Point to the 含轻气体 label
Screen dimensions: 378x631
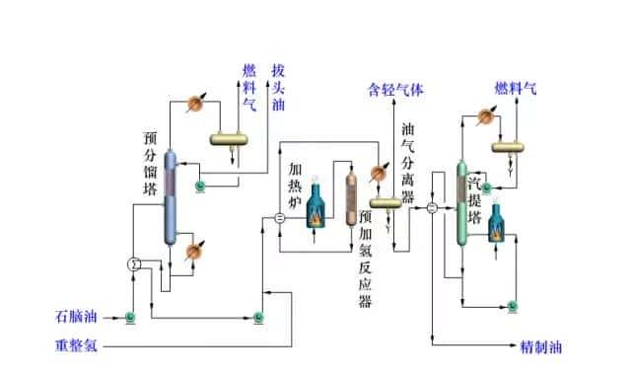point(395,90)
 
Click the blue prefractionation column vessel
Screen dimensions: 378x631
point(171,197)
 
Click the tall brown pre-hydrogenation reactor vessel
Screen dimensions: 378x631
point(352,201)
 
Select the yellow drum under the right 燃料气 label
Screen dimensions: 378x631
point(508,147)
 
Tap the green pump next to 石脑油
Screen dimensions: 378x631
point(129,317)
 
